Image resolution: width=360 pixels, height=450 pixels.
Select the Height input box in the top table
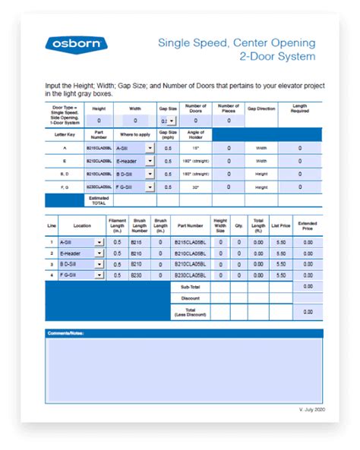click(x=99, y=121)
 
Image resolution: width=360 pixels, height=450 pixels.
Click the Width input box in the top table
click(x=135, y=121)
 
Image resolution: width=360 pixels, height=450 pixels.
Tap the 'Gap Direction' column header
click(x=261, y=109)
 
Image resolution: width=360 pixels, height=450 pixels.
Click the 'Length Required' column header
click(x=299, y=109)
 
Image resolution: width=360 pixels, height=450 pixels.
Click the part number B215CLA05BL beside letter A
click(x=98, y=149)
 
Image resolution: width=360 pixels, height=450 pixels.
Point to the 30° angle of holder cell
click(x=195, y=186)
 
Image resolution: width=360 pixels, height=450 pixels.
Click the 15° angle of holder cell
click(x=195, y=149)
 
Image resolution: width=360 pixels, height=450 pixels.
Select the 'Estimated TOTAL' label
click(x=99, y=200)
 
